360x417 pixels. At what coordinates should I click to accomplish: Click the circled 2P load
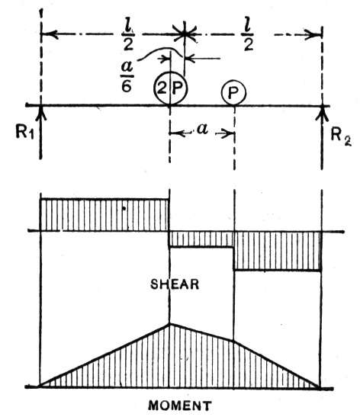pyautogui.click(x=170, y=88)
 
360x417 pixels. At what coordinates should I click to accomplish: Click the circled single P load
pyautogui.click(x=233, y=93)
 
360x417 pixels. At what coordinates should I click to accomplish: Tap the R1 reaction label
pyautogui.click(x=24, y=132)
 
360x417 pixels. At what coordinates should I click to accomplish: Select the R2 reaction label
pyautogui.click(x=341, y=136)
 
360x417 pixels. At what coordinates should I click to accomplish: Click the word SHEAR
pyautogui.click(x=175, y=284)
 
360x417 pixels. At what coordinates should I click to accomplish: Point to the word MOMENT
pyautogui.click(x=180, y=406)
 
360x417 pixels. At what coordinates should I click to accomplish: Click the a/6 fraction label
pyautogui.click(x=127, y=76)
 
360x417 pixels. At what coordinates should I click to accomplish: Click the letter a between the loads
pyautogui.click(x=201, y=130)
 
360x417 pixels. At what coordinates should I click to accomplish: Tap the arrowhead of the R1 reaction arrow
pyautogui.click(x=40, y=113)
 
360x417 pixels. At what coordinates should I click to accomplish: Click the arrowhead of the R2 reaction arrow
pyautogui.click(x=322, y=113)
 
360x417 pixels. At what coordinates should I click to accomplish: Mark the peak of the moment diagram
pyautogui.click(x=170, y=324)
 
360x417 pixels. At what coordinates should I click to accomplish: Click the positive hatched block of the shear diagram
pyautogui.click(x=104, y=215)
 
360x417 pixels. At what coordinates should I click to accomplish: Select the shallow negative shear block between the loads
pyautogui.click(x=201, y=239)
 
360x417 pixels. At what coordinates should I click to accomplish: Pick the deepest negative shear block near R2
pyautogui.click(x=278, y=251)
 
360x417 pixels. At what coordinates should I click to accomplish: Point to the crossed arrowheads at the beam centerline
pyautogui.click(x=184, y=34)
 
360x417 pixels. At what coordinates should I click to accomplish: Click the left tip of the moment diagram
pyautogui.click(x=40, y=387)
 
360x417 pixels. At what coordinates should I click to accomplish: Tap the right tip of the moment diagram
pyautogui.click(x=320, y=387)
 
